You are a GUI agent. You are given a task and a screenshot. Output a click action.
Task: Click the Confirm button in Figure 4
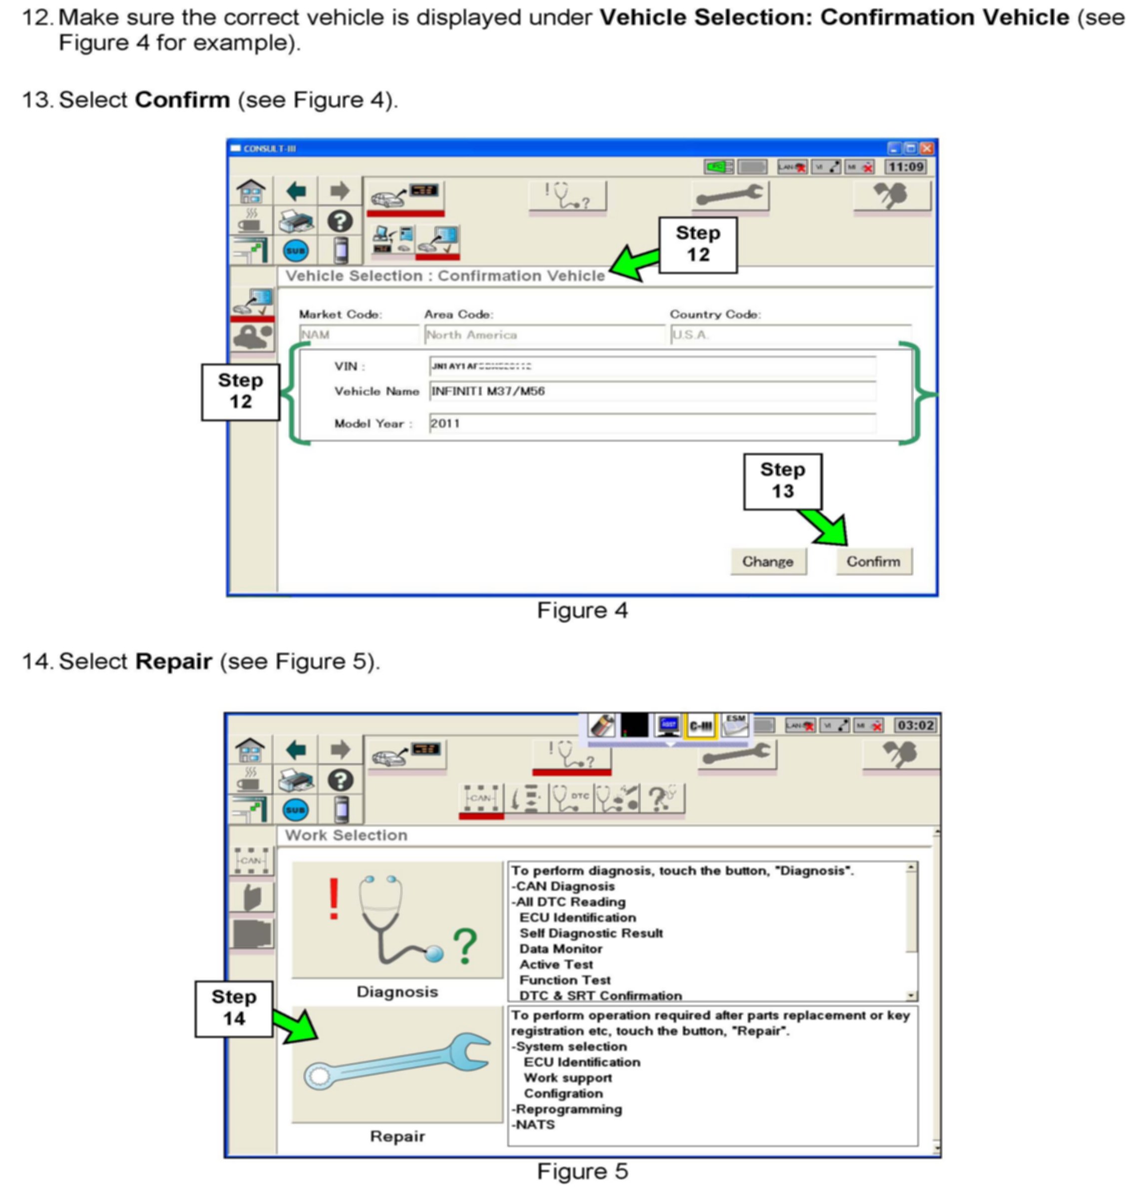pyautogui.click(x=873, y=562)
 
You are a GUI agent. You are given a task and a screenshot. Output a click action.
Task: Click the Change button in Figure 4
pyautogui.click(x=767, y=562)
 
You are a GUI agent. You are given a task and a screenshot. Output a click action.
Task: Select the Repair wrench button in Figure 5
pyautogui.click(x=397, y=1064)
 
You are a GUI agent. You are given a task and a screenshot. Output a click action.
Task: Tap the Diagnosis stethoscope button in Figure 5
pyautogui.click(x=397, y=920)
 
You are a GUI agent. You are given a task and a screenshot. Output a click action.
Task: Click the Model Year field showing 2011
pyautogui.click(x=652, y=423)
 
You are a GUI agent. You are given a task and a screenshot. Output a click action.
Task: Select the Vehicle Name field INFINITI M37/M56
pyautogui.click(x=652, y=392)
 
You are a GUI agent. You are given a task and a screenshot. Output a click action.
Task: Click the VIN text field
pyautogui.click(x=652, y=366)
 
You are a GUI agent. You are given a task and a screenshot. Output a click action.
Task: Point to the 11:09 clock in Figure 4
pyautogui.click(x=905, y=167)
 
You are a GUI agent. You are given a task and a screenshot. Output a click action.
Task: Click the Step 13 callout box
pyautogui.click(x=782, y=481)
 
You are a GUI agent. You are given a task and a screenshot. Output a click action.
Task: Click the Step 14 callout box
pyautogui.click(x=234, y=1008)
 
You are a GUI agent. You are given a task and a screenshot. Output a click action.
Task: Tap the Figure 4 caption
pyautogui.click(x=582, y=611)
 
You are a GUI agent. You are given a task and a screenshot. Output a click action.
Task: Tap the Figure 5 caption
pyautogui.click(x=582, y=1171)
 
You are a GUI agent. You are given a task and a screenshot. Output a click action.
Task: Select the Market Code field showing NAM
pyautogui.click(x=359, y=335)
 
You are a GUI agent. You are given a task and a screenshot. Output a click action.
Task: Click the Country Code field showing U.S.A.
pyautogui.click(x=790, y=335)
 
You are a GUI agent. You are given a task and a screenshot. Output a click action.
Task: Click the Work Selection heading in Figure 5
pyautogui.click(x=346, y=835)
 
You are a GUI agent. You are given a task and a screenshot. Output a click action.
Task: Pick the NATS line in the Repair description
pyautogui.click(x=535, y=1125)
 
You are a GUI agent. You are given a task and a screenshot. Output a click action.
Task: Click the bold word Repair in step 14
pyautogui.click(x=173, y=661)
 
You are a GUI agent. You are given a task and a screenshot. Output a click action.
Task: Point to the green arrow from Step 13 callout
pyautogui.click(x=827, y=527)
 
